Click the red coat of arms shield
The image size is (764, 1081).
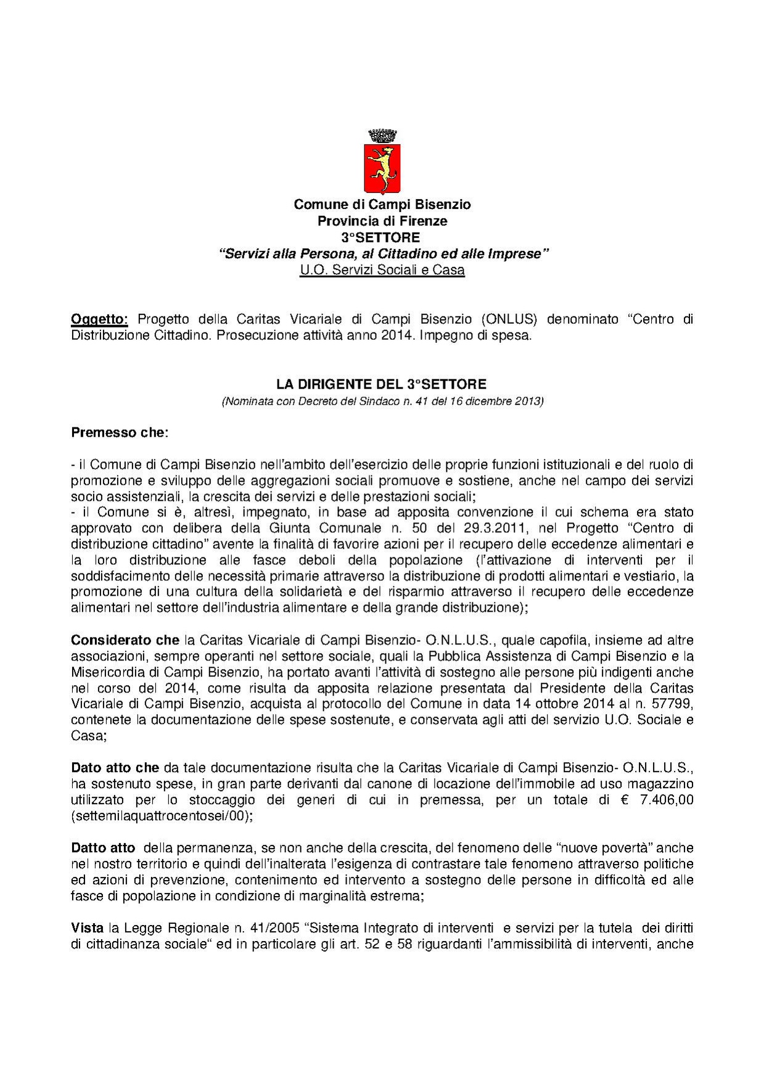[382, 168]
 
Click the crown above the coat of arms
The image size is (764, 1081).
[382, 136]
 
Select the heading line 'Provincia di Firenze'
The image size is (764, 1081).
[382, 221]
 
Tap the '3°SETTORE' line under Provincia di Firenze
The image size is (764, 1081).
[381, 237]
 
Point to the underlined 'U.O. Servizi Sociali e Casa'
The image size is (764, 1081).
[382, 270]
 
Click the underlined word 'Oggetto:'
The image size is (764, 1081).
[99, 319]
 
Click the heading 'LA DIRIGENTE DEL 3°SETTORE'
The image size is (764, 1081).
[381, 384]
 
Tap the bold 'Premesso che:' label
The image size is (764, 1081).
[120, 432]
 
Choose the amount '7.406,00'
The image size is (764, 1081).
[668, 800]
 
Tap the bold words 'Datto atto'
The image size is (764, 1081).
[103, 848]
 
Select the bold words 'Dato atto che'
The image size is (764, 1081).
[115, 768]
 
